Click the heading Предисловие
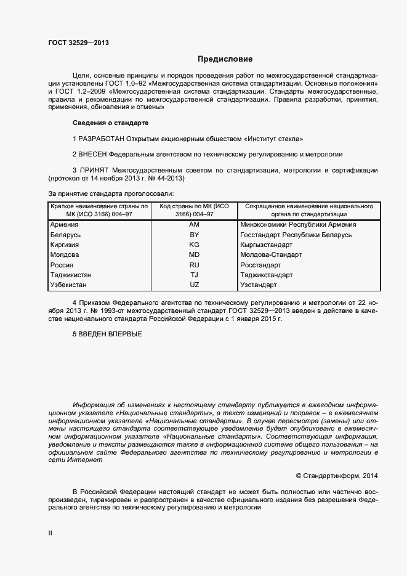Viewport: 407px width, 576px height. [225, 60]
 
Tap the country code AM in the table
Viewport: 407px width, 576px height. [194, 225]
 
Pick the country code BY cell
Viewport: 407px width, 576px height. [194, 235]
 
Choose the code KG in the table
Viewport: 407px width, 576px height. [194, 245]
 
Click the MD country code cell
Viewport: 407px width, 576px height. [194, 255]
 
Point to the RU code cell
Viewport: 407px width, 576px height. [194, 265]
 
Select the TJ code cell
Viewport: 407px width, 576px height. [194, 275]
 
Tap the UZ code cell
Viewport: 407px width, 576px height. [194, 285]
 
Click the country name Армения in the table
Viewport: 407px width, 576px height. [65, 225]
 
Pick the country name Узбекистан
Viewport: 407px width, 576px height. [68, 285]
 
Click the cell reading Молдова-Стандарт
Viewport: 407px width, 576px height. [271, 255]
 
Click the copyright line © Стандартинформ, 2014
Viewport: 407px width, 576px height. [337, 476]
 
